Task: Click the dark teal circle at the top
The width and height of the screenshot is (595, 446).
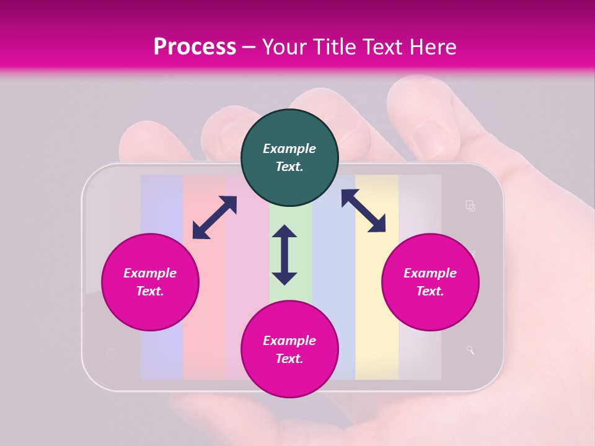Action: [289, 158]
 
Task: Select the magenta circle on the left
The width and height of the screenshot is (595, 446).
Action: [150, 282]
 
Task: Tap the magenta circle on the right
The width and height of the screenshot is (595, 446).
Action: [430, 282]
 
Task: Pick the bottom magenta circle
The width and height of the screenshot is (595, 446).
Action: [289, 349]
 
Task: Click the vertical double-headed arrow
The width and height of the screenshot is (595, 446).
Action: [284, 255]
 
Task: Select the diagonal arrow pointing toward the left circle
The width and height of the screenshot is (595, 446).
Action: [214, 217]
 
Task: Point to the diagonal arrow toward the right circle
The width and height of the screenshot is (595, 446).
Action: [363, 211]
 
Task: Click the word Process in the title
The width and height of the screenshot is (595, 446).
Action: [195, 46]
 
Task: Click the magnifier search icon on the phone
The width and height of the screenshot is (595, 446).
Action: [470, 350]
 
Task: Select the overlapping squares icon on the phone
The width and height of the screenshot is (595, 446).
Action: [470, 206]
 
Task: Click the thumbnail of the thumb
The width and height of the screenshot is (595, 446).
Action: [427, 138]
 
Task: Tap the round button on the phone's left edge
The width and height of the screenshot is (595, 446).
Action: [111, 354]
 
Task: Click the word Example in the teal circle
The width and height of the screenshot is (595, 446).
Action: [289, 149]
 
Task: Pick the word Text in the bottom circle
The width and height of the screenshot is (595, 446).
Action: [289, 359]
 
